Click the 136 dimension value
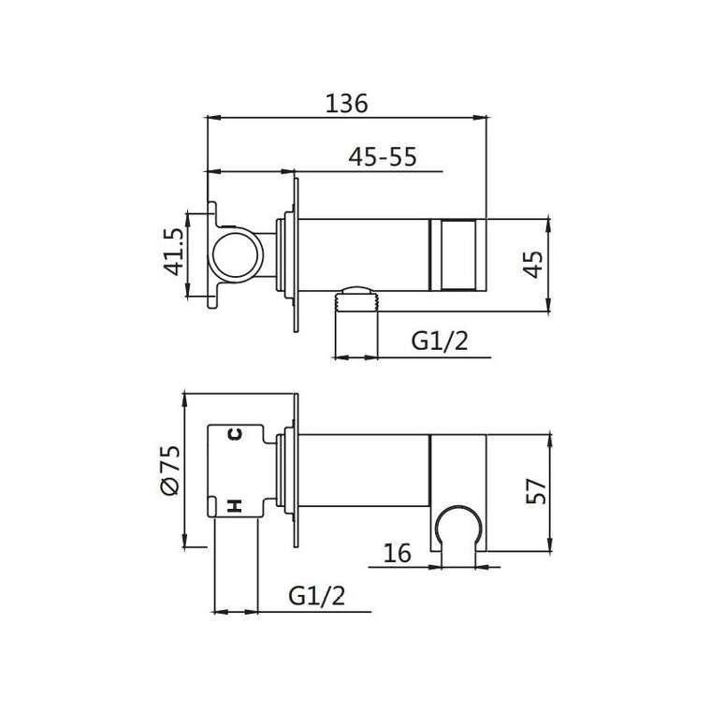(x=347, y=104)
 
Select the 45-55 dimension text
(x=383, y=157)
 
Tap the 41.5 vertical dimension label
(x=174, y=252)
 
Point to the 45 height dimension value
(x=533, y=264)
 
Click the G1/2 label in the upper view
(x=440, y=341)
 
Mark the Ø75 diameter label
(x=171, y=471)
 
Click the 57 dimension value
(x=536, y=490)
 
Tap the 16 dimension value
(x=397, y=553)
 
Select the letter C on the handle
(x=235, y=434)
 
